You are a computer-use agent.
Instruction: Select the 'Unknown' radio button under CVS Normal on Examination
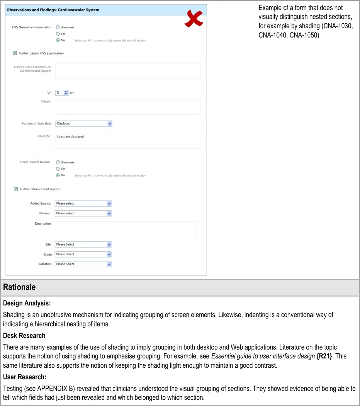(58, 27)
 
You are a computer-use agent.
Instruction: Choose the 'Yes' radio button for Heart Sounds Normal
(58, 169)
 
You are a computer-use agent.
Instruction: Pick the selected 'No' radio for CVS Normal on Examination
(58, 40)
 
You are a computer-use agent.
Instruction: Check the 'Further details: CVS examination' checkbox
(15, 53)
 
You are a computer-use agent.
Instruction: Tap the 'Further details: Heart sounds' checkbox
(16, 189)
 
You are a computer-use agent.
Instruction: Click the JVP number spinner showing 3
(61, 93)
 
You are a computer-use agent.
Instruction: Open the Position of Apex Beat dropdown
(83, 124)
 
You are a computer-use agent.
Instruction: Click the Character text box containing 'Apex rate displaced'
(127, 142)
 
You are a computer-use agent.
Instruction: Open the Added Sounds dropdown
(83, 203)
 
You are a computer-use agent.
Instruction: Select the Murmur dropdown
(83, 213)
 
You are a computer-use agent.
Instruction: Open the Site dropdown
(83, 244)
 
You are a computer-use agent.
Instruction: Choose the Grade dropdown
(83, 254)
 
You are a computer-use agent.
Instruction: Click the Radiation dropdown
(83, 264)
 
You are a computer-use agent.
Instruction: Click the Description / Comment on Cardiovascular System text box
(128, 71)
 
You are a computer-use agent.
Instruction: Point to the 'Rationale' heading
(19, 287)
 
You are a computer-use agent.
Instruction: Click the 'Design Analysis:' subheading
(27, 304)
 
